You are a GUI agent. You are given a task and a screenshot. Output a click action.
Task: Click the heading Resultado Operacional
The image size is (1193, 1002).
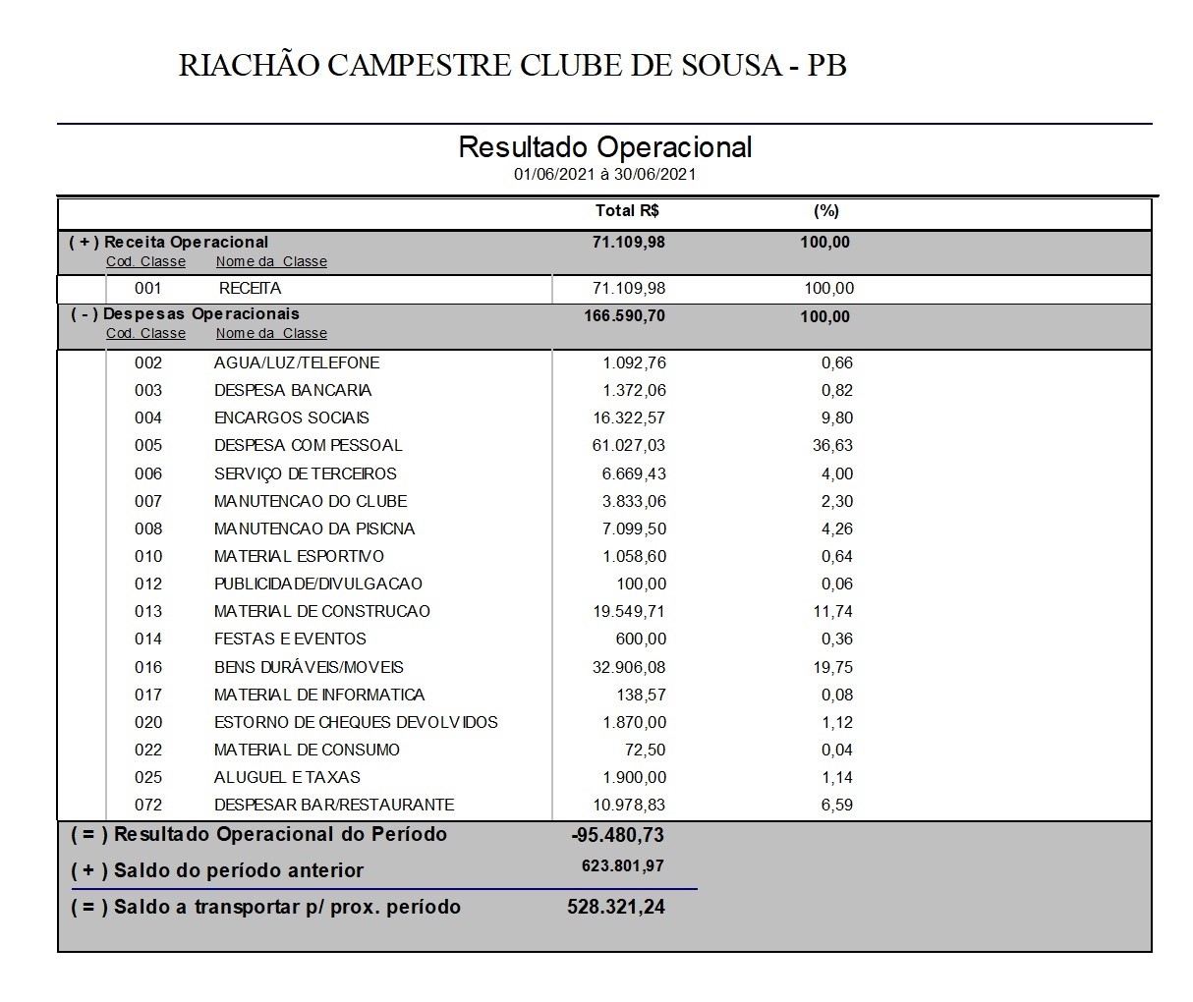[604, 147]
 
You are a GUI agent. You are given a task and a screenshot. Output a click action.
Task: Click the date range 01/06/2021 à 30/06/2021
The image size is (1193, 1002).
[604, 175]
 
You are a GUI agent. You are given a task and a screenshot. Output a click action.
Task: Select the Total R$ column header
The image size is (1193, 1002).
[627, 211]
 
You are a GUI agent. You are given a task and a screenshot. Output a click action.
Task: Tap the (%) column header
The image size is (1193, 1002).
[826, 211]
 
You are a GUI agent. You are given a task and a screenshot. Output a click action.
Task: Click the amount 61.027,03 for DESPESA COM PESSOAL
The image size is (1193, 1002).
[629, 445]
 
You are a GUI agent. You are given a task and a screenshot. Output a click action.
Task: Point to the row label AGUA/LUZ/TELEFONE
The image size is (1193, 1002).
[297, 362]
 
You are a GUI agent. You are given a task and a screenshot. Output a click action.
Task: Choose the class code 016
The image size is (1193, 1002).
[148, 667]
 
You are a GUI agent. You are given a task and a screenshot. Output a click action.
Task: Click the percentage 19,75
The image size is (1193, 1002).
[832, 667]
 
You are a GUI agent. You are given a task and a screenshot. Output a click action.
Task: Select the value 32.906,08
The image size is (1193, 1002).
[629, 667]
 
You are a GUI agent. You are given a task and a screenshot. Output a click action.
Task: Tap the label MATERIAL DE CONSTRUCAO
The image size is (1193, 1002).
[322, 611]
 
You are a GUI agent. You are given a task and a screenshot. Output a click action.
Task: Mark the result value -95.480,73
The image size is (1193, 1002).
[617, 835]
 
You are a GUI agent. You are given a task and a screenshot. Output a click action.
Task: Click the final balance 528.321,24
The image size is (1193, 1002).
[616, 907]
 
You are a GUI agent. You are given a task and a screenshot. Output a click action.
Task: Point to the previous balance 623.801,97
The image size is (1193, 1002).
[623, 866]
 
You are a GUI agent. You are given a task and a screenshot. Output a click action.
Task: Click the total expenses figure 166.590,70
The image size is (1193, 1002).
[624, 316]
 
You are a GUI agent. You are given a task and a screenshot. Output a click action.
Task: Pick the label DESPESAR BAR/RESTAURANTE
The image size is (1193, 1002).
[334, 805]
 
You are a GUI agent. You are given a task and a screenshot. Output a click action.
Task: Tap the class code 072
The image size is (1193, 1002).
[148, 805]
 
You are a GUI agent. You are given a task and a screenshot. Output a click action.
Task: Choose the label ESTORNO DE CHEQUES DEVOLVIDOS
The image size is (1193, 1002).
[356, 722]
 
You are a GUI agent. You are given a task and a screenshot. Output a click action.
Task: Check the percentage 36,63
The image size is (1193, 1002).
[832, 445]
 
